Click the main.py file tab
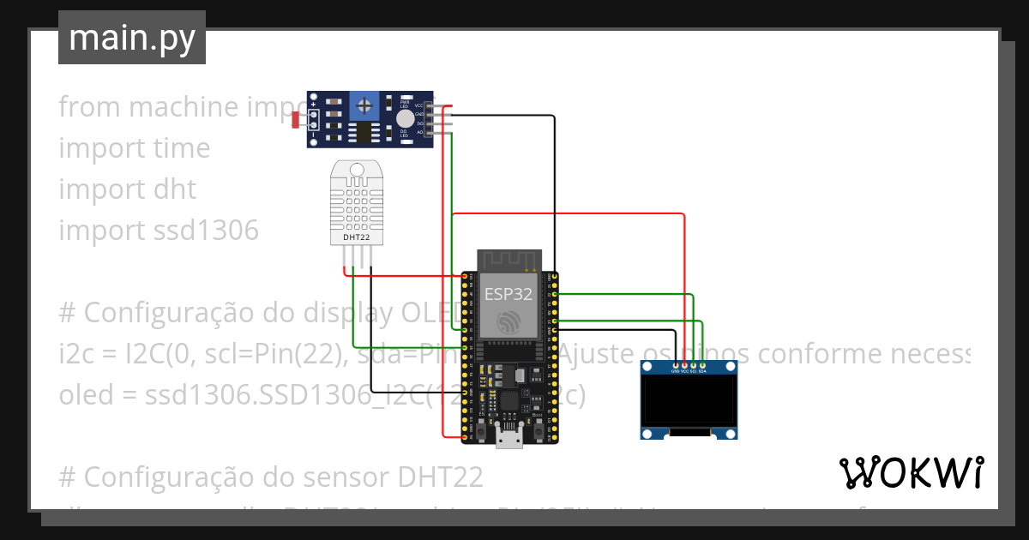[131, 38]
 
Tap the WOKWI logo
[911, 472]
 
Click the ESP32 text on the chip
[509, 294]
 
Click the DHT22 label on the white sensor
[356, 237]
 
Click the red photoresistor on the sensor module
[296, 121]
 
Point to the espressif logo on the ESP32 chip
[509, 322]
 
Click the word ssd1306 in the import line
[209, 231]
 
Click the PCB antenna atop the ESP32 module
[509, 259]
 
